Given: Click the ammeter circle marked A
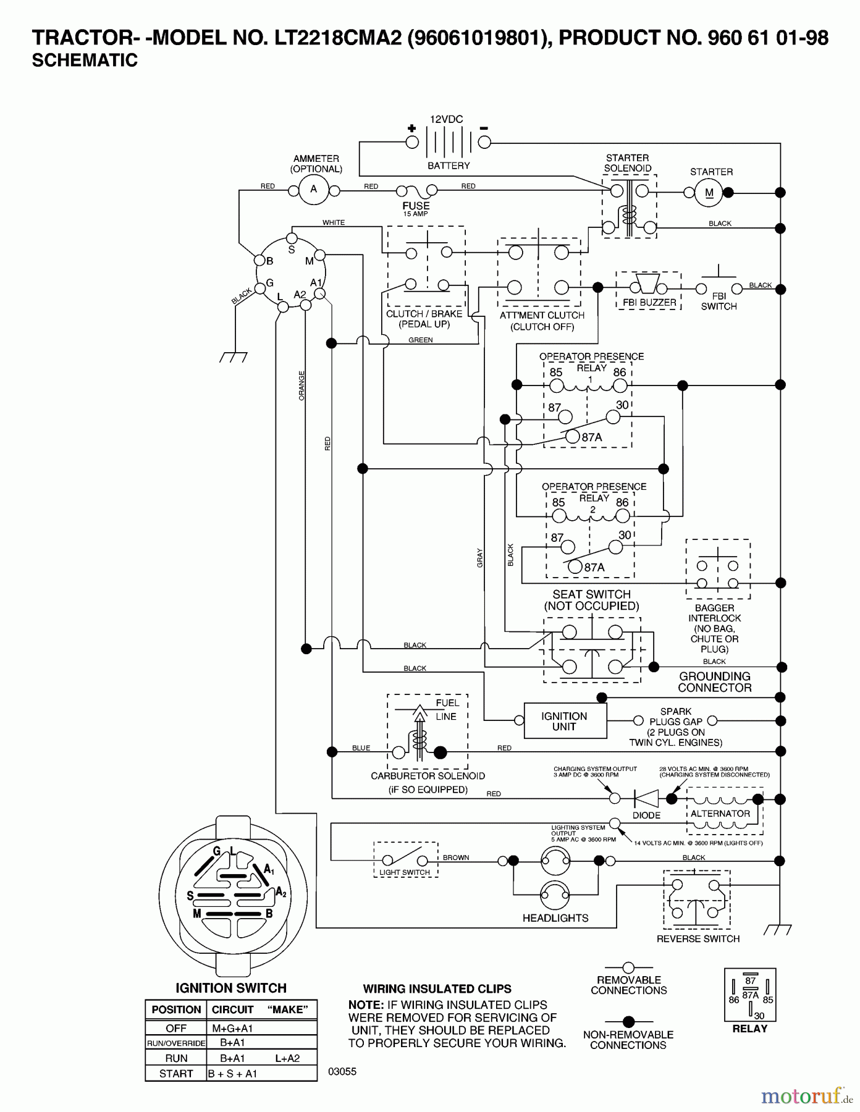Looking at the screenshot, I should point(313,190).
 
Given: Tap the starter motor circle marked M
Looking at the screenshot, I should point(709,193).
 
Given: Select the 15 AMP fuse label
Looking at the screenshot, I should point(415,214).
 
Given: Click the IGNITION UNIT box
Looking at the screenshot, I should point(565,721).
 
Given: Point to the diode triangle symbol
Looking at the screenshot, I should point(646,798).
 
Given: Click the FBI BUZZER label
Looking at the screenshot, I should point(649,303).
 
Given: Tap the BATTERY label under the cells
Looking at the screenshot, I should point(449,166).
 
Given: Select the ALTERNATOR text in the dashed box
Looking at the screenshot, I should point(720,814).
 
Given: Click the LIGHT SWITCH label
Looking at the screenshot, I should point(405,872).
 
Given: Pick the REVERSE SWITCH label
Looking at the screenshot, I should point(698,939).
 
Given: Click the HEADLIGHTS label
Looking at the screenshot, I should point(555,918).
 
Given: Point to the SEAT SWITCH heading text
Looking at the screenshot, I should point(591,594).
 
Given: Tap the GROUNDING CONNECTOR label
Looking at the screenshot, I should point(715,682).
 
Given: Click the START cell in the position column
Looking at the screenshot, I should point(176,1074).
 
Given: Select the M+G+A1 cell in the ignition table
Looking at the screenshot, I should point(232,1028).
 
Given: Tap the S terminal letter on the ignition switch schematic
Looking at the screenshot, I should point(292,250).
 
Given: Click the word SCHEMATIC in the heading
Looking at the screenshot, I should point(85,61).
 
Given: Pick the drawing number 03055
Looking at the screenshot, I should point(342,1072).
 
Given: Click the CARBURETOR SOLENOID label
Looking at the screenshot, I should point(428,776).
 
